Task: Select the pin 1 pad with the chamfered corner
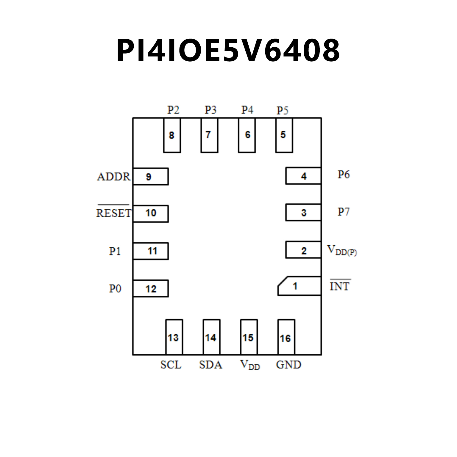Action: pos(299,286)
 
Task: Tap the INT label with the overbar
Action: pos(340,286)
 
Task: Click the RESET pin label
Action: pos(113,213)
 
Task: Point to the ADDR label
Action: pos(114,177)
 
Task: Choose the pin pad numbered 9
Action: pos(151,177)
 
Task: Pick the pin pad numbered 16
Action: pos(286,337)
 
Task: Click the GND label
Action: pos(288,365)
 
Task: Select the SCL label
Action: pos(171,365)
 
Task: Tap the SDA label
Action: pos(210,365)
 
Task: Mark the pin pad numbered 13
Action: pos(174,337)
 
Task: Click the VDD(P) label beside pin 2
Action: pos(341,250)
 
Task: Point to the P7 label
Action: pos(343,212)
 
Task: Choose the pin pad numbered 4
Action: pos(303,176)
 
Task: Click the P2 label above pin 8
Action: pos(173,110)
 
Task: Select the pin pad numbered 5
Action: pos(284,135)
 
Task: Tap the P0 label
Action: pos(115,288)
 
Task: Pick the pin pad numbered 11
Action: pos(151,251)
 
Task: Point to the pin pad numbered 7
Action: pos(209,135)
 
